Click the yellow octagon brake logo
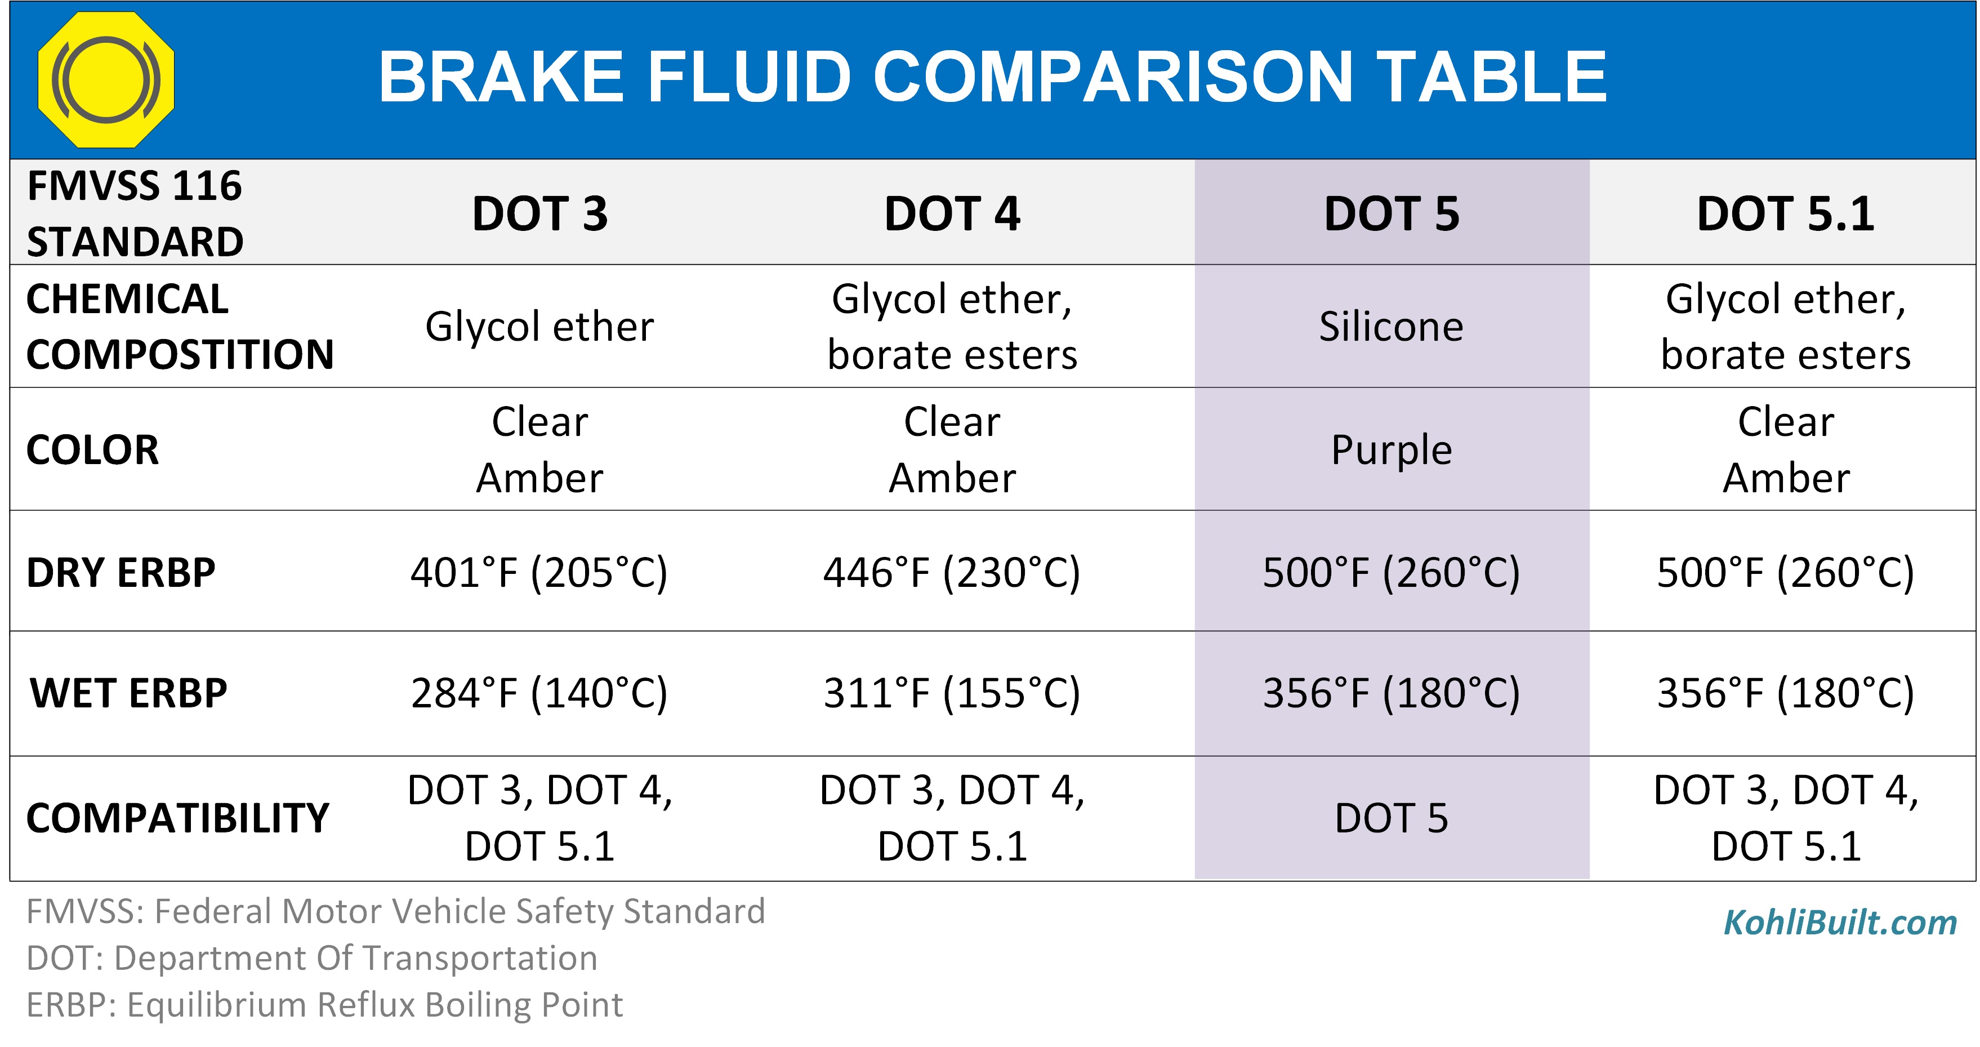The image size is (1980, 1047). point(106,79)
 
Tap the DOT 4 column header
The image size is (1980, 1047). point(952,213)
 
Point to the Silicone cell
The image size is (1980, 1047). point(1391,326)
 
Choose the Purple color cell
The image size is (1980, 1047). point(1391,449)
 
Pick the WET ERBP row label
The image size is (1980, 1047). point(128,693)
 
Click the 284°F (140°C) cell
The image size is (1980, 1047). point(539,693)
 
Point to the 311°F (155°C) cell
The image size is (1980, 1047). point(952,693)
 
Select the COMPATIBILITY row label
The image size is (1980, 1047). point(177,817)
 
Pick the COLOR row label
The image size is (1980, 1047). point(92,449)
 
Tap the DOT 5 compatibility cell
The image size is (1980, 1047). point(1391,817)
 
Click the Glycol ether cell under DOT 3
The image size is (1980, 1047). point(539,326)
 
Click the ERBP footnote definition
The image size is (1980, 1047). point(324,1004)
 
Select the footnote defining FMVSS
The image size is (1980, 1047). point(396,911)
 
